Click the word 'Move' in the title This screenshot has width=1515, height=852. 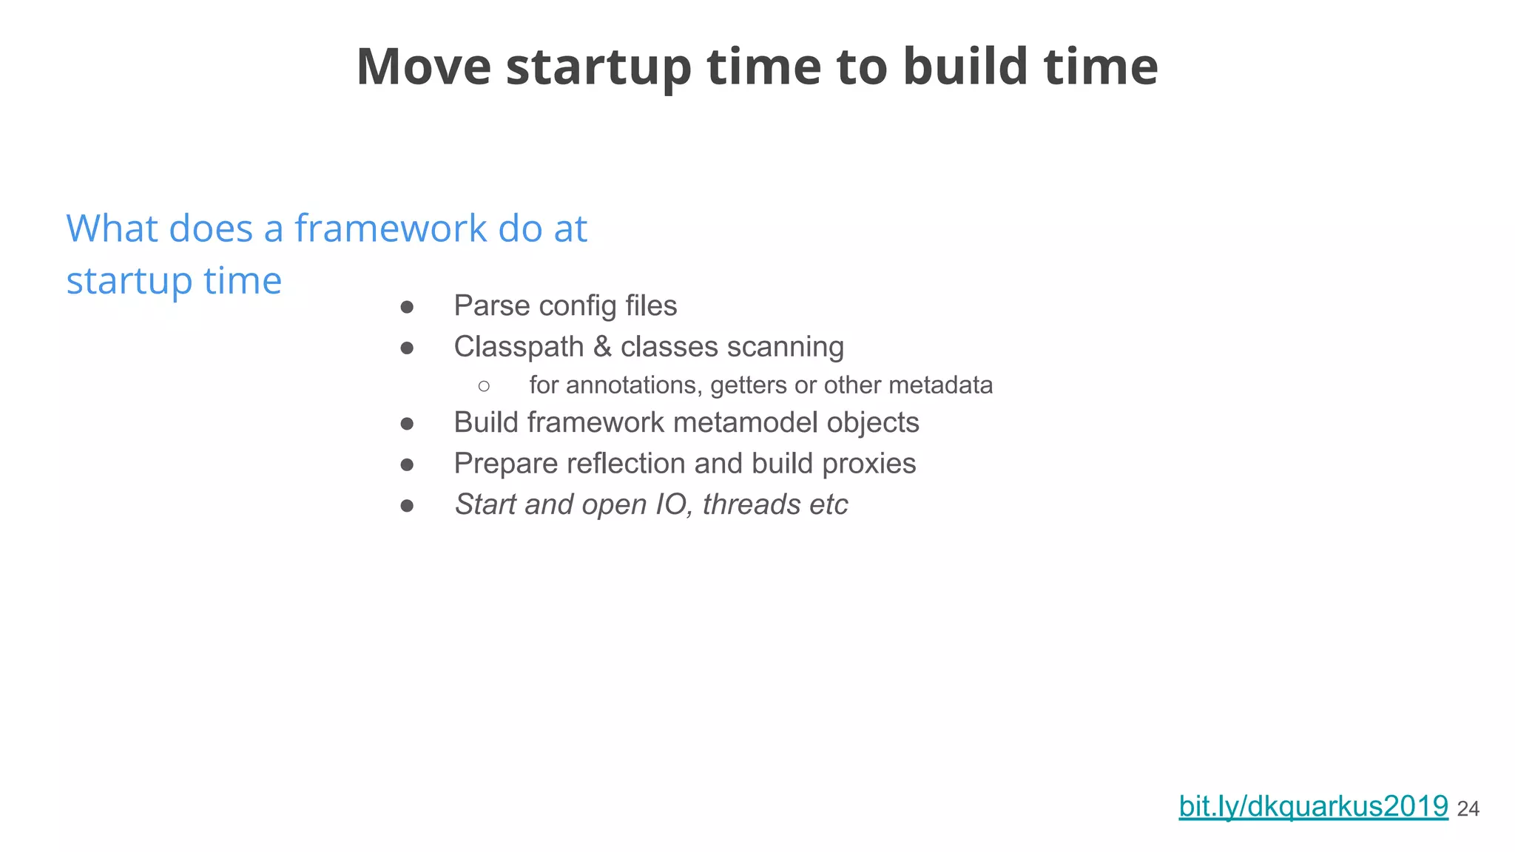(424, 67)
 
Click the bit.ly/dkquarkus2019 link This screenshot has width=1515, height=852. (1313, 805)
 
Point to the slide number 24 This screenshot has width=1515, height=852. (1468, 809)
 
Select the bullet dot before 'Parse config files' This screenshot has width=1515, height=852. (407, 306)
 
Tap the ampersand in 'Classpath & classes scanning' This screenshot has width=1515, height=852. (602, 346)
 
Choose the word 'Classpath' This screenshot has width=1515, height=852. (519, 347)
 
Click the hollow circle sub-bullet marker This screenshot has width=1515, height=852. (484, 385)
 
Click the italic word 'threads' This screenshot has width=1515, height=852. (752, 504)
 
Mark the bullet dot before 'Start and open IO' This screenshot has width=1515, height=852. (407, 505)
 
